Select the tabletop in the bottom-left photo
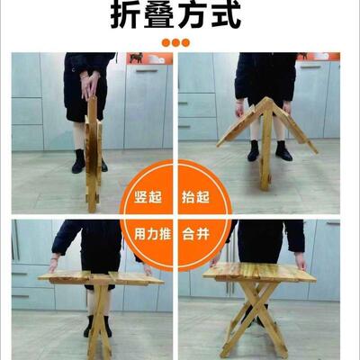(99, 277)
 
